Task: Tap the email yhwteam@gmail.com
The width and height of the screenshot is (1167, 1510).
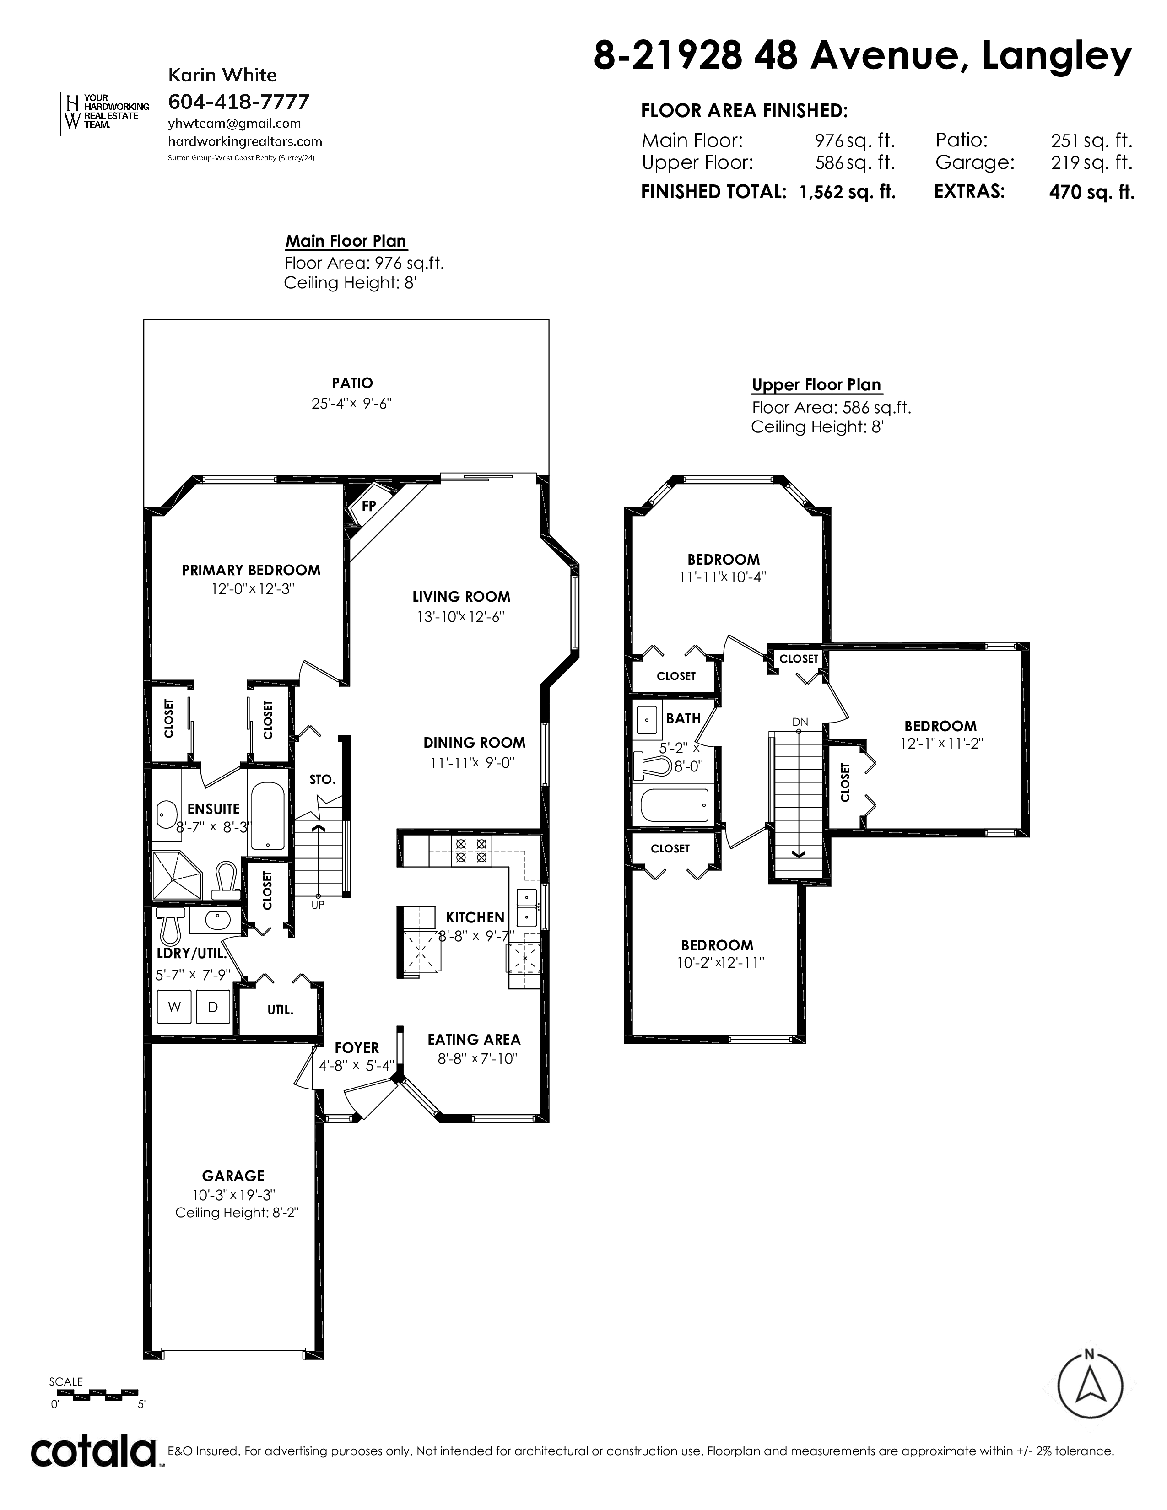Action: [x=234, y=124]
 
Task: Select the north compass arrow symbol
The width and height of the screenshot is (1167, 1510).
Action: [x=1090, y=1386]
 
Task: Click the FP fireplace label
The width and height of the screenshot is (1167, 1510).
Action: [x=368, y=506]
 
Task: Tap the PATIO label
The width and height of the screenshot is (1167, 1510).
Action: [x=352, y=383]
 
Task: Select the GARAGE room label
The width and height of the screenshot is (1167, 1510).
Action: [x=233, y=1176]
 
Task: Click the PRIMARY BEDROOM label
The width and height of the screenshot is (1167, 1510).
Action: [x=251, y=571]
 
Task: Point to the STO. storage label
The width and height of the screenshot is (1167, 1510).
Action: [x=322, y=780]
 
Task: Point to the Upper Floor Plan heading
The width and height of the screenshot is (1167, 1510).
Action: [x=816, y=385]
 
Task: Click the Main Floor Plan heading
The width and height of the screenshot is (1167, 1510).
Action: [x=346, y=241]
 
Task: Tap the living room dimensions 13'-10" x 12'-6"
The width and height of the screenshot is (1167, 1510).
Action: [x=460, y=617]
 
